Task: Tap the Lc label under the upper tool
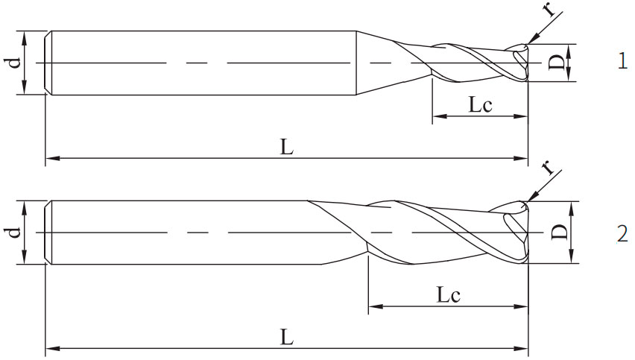(480, 105)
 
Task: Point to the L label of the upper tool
(287, 147)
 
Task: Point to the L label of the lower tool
(287, 337)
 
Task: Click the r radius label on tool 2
(549, 167)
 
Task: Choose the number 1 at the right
(622, 62)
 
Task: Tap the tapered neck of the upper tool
(373, 63)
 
